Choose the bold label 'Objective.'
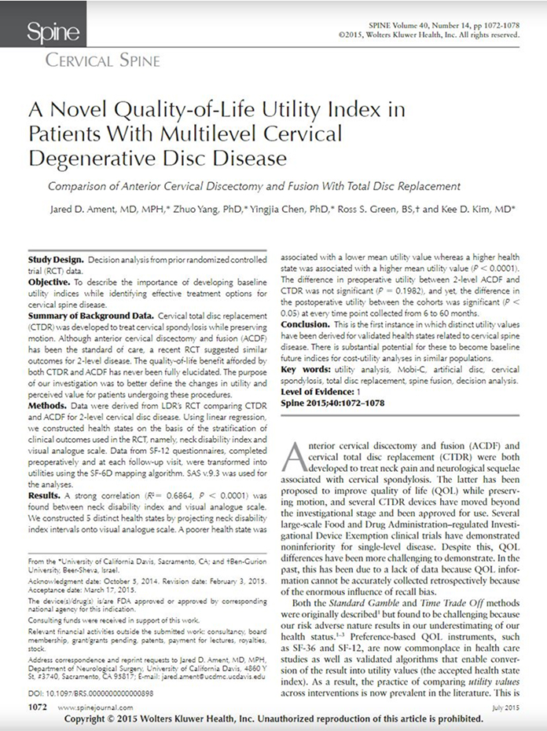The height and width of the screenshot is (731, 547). tap(51, 280)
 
